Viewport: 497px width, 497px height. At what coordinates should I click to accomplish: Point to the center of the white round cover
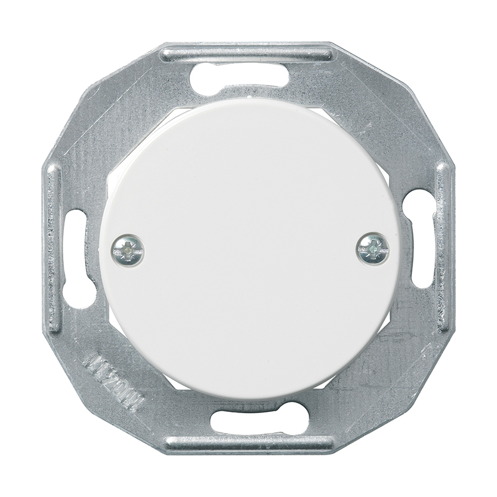tap(249, 248)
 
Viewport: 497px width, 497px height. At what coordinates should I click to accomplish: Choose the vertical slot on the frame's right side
tap(421, 239)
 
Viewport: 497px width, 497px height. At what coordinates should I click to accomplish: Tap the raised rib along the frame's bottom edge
tap(248, 444)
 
